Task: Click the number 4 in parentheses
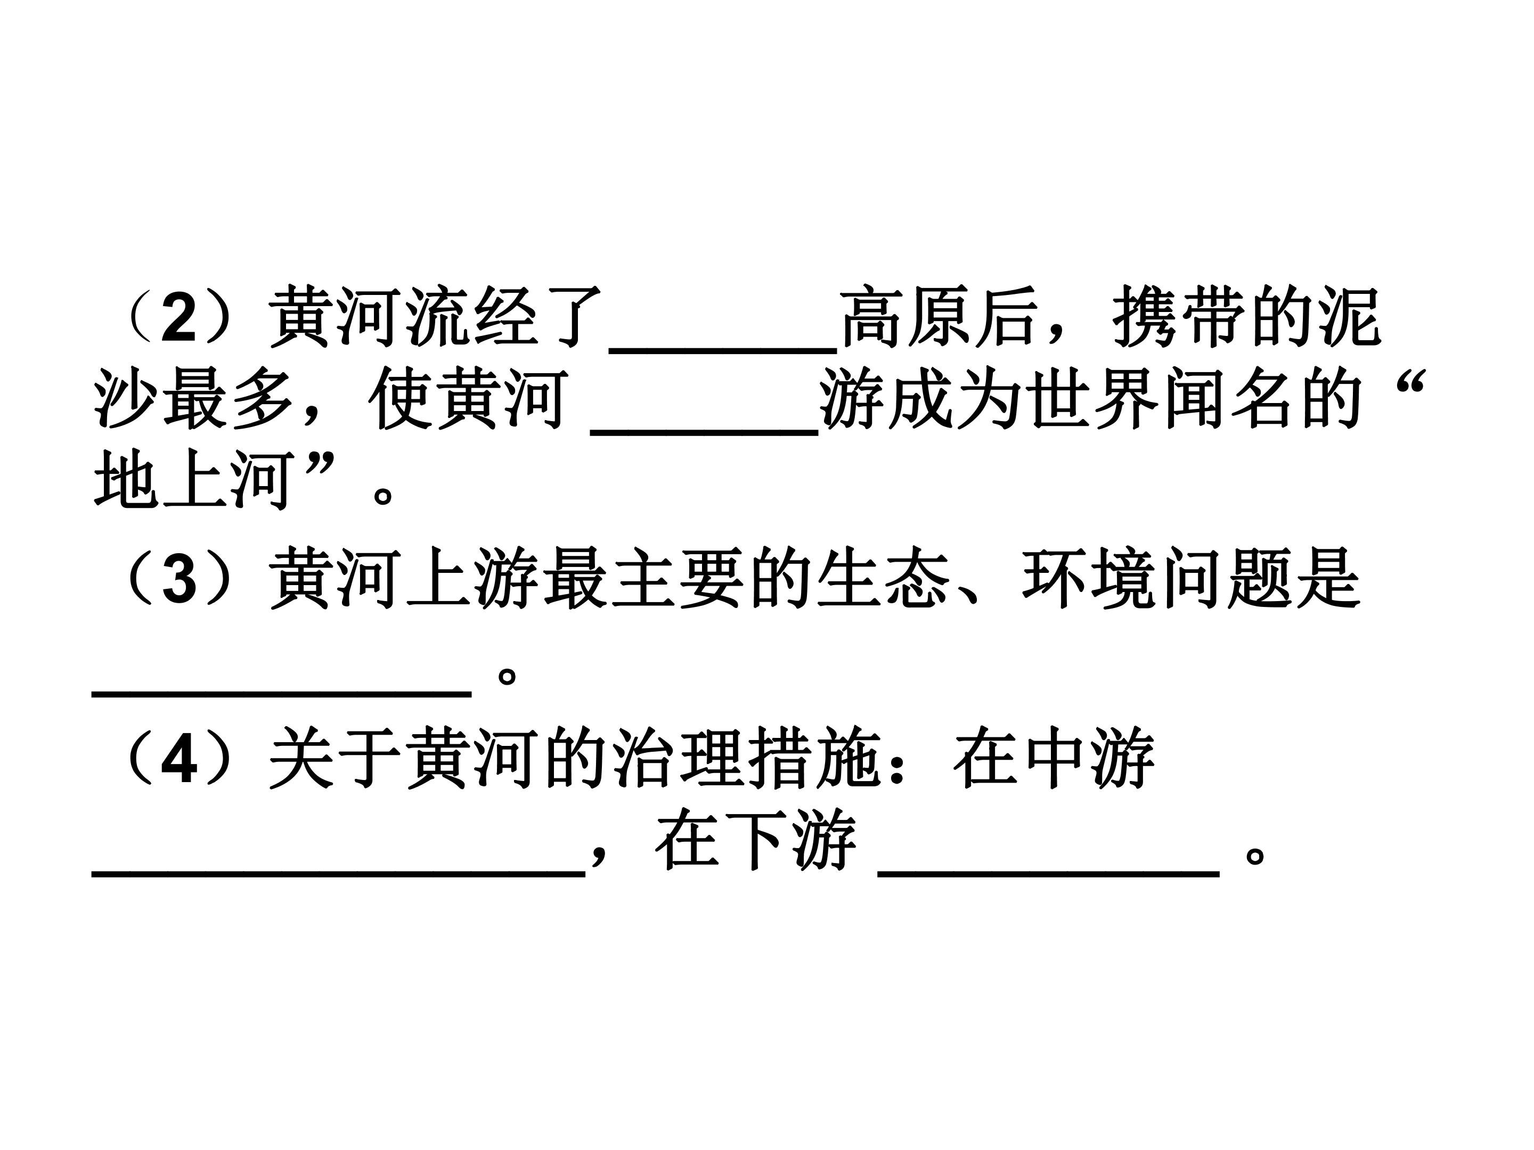179,759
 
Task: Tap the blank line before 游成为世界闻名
705,431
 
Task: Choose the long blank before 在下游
338,875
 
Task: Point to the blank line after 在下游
1049,875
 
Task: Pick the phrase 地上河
191,480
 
